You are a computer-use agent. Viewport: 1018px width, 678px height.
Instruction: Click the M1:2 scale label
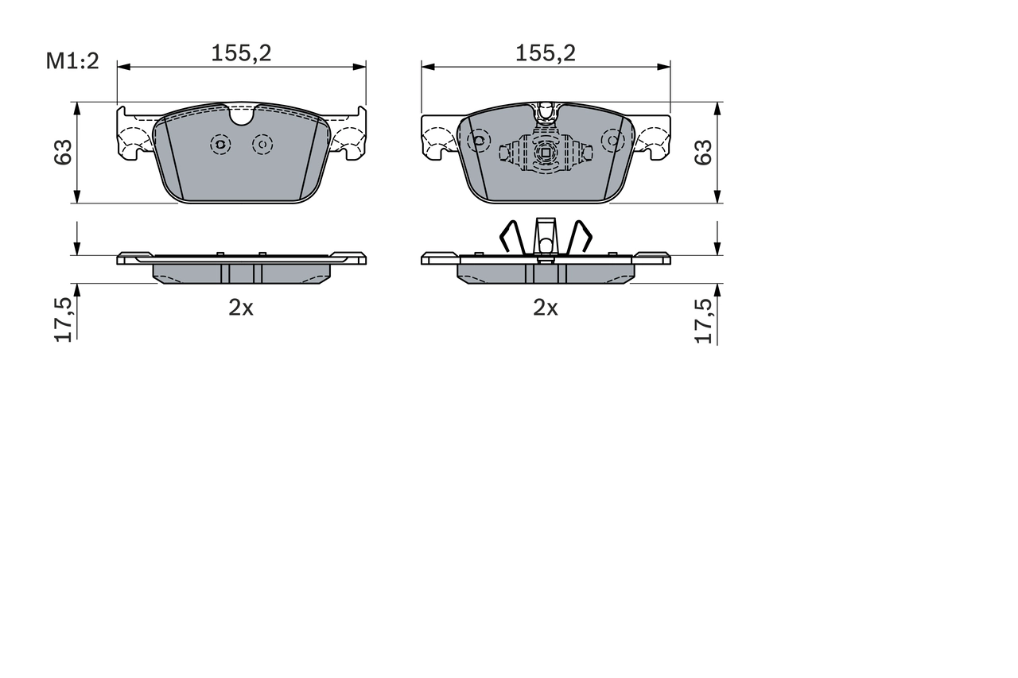click(x=72, y=60)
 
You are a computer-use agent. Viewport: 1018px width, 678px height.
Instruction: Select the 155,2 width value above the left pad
click(x=241, y=53)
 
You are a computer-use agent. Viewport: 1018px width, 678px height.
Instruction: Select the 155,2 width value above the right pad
click(x=545, y=53)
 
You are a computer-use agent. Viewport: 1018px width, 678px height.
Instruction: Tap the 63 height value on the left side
click(x=63, y=152)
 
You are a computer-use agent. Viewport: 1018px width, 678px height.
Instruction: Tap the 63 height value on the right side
click(x=703, y=152)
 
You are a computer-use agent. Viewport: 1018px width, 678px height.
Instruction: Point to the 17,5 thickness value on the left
click(x=64, y=318)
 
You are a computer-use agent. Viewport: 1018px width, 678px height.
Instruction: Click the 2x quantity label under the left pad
click(x=241, y=308)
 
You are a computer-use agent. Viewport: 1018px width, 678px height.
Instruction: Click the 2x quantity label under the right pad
click(x=546, y=308)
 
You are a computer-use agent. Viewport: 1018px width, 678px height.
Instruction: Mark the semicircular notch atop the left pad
click(x=241, y=116)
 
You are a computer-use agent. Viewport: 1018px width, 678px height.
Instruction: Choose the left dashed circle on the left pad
click(x=220, y=144)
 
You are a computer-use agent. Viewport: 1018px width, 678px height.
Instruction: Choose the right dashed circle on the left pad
click(x=262, y=144)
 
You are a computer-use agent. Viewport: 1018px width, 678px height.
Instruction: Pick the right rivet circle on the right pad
click(x=612, y=141)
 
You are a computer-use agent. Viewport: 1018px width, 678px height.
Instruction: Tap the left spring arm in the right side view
click(x=510, y=235)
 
